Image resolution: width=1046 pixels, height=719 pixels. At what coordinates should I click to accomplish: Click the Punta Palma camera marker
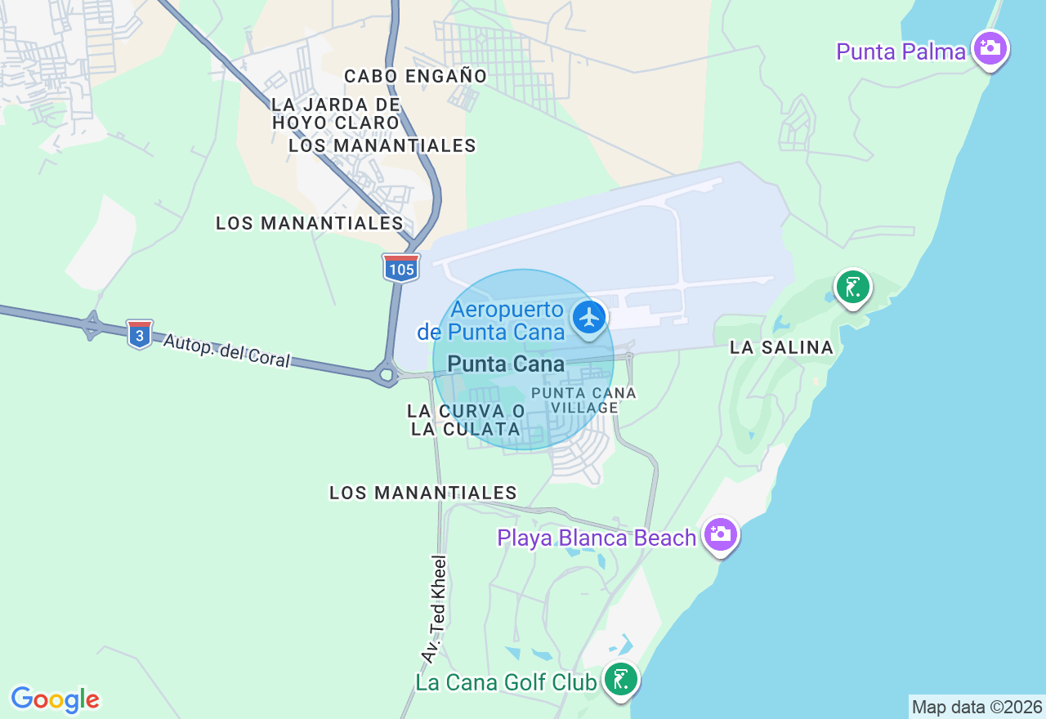click(x=990, y=48)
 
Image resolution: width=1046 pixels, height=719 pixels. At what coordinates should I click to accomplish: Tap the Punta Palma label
click(x=901, y=52)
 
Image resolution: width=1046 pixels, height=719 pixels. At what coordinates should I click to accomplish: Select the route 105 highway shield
click(x=401, y=268)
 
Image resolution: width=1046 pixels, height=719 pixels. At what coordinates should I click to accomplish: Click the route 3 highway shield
click(x=140, y=334)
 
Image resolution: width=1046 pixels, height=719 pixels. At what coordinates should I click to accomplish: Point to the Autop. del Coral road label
click(x=226, y=351)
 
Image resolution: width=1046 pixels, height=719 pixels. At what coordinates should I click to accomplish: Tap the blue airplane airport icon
click(x=588, y=317)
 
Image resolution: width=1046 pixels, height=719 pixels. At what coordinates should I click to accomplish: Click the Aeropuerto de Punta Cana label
click(x=490, y=320)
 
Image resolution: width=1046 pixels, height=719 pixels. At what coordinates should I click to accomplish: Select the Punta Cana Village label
click(x=583, y=400)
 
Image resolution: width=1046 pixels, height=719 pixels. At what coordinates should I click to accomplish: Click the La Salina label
click(x=781, y=348)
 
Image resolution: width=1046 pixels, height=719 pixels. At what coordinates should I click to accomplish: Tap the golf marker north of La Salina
click(x=852, y=288)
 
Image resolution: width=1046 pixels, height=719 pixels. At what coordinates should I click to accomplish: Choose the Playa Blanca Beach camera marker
click(x=720, y=534)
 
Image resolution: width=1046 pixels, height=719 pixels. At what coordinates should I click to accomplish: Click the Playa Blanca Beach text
click(x=597, y=538)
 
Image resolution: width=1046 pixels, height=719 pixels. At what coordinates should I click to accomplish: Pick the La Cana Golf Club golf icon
click(x=621, y=679)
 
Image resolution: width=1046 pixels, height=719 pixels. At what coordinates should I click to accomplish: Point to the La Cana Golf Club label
click(x=506, y=682)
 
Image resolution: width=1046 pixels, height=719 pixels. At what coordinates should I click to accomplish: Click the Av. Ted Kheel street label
click(x=435, y=609)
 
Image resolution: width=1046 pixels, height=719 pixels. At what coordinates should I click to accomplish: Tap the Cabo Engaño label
click(x=415, y=76)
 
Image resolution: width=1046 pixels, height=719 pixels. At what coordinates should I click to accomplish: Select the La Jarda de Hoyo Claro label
click(x=336, y=114)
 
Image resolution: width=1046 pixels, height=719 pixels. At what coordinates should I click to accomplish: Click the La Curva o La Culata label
click(x=466, y=420)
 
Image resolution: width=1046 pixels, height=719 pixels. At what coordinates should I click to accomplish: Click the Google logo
click(x=55, y=699)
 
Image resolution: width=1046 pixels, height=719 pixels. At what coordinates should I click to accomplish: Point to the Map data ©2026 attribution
click(x=977, y=708)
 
